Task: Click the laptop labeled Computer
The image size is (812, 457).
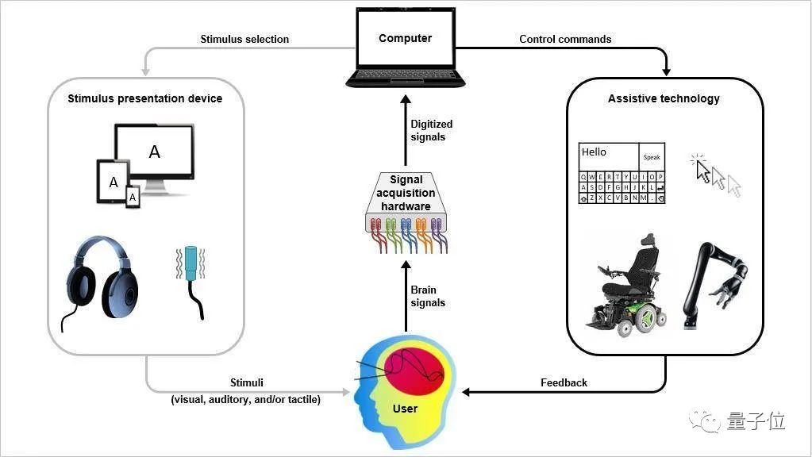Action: coord(406,48)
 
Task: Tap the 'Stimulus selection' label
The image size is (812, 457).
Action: coord(244,39)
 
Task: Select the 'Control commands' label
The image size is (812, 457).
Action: coord(565,39)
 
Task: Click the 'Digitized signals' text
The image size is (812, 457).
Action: coord(432,131)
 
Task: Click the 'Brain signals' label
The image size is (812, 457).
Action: coord(428,297)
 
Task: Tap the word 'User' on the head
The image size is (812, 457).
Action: coord(405,409)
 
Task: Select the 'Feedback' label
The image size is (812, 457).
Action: coord(564,382)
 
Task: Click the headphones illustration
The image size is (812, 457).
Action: coord(102,278)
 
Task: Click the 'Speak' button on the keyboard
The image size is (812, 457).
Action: coord(652,157)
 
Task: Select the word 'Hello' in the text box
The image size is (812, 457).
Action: coord(594,152)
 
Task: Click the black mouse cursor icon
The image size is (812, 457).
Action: coord(702,170)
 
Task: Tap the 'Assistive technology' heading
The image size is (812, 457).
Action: coord(664,99)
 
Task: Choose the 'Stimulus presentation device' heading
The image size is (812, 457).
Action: coord(145,99)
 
